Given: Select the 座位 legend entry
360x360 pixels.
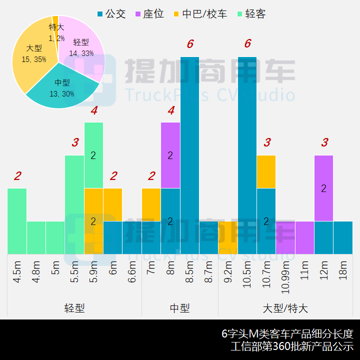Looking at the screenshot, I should tap(148, 14).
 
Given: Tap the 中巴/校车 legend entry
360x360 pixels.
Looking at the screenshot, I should tap(199, 14).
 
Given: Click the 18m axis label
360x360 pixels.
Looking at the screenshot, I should tap(343, 270).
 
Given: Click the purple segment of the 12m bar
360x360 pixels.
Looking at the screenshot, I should tap(323, 188).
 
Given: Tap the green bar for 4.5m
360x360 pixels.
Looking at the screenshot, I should tap(17, 221).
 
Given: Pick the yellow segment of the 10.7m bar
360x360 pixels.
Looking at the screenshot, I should tap(266, 171).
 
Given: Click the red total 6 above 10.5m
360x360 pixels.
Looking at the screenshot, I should tap(247, 44).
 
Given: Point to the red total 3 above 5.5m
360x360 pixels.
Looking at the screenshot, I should tap(74, 143).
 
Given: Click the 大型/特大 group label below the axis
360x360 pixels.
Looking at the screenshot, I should tap(285, 308).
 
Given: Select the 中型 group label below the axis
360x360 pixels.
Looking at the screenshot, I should tap(179, 308).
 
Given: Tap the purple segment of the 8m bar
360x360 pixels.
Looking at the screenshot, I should tap(170, 155).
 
